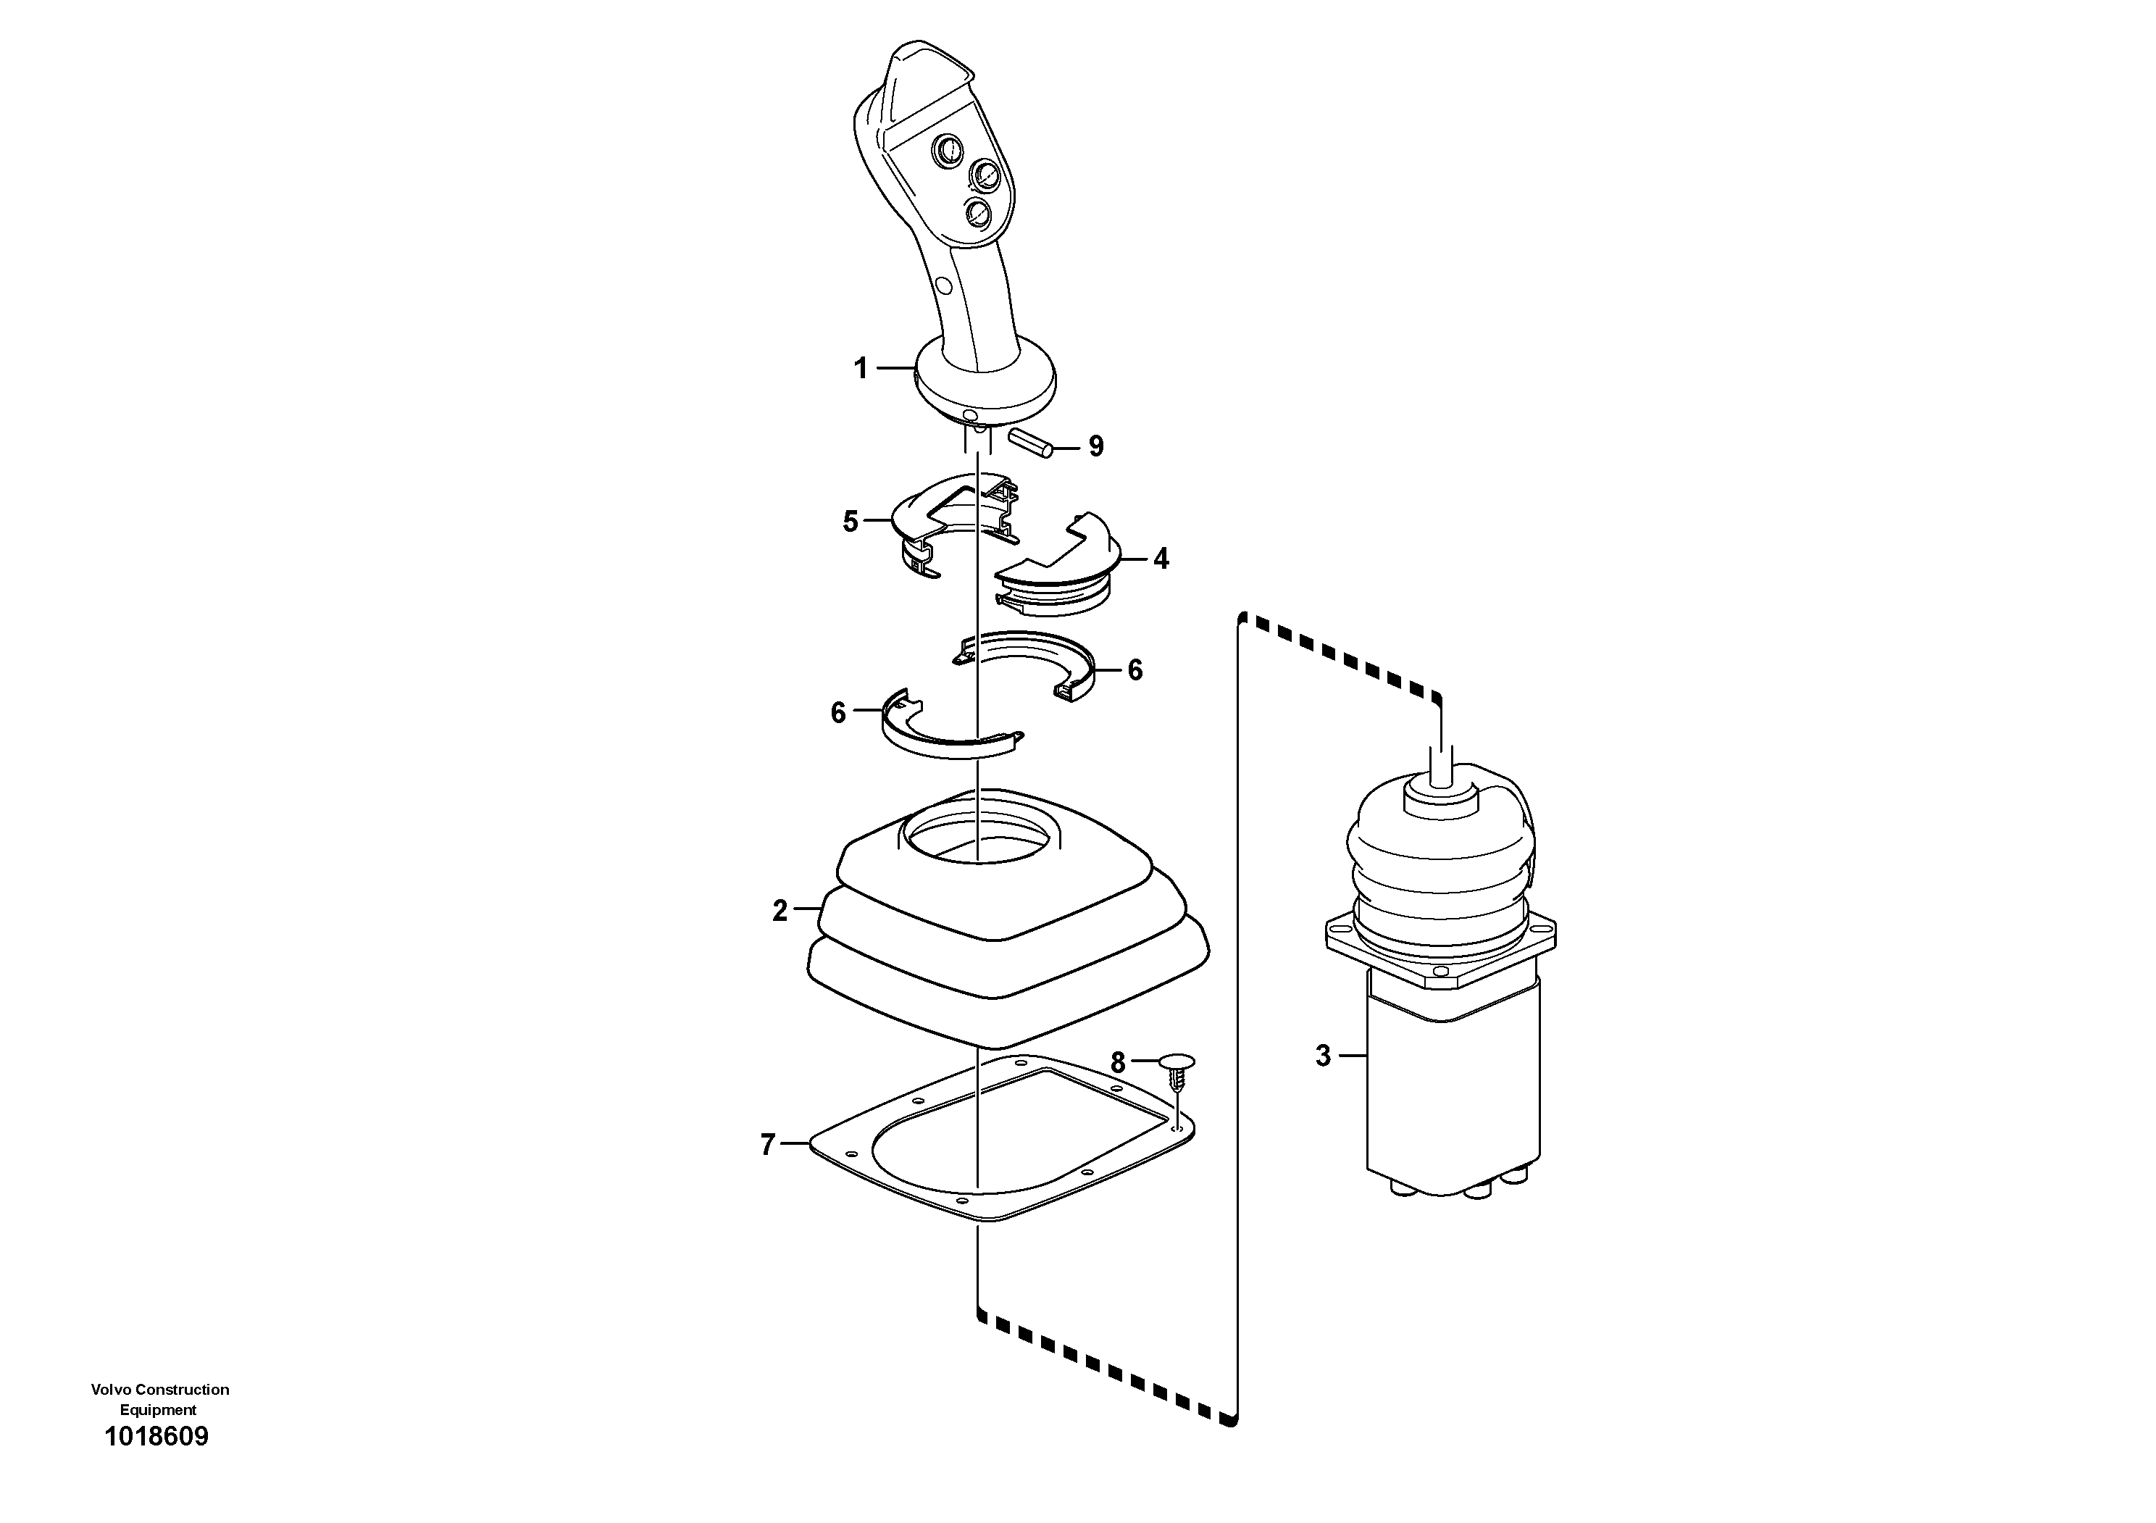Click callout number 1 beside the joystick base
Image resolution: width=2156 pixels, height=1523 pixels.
pyautogui.click(x=860, y=369)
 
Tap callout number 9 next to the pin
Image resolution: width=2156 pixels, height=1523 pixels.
pyautogui.click(x=1096, y=447)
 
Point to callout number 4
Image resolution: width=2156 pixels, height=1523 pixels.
pyautogui.click(x=1161, y=559)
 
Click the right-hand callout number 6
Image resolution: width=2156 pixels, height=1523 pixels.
pyautogui.click(x=1135, y=670)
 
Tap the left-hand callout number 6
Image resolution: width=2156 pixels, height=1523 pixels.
pyautogui.click(x=838, y=713)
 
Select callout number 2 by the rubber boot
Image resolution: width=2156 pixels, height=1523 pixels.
pyautogui.click(x=780, y=911)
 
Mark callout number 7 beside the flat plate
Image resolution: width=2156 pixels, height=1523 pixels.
pyautogui.click(x=767, y=1145)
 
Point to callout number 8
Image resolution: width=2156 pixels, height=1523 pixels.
pyautogui.click(x=1117, y=1063)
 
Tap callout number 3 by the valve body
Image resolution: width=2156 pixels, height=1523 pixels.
pyautogui.click(x=1323, y=1056)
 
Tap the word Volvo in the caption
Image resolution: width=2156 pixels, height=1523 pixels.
pyautogui.click(x=111, y=1390)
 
